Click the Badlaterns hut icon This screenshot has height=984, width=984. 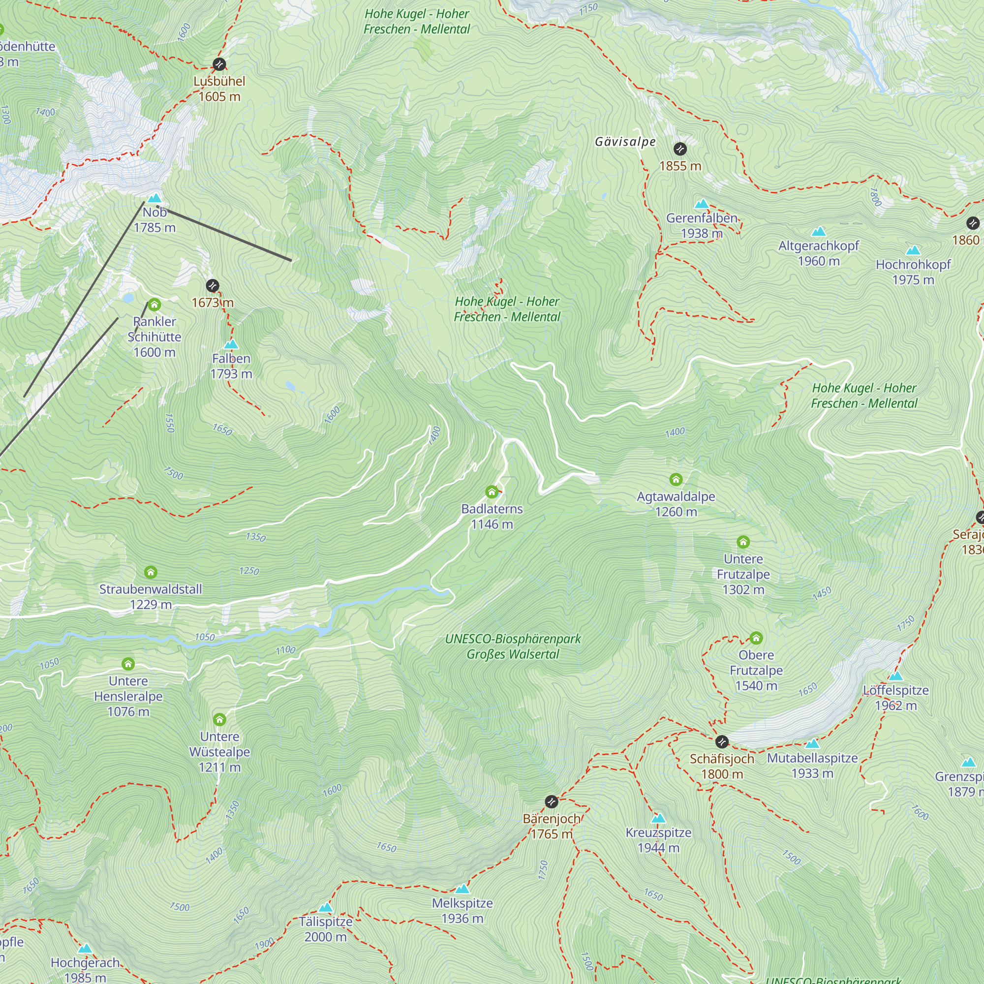(492, 492)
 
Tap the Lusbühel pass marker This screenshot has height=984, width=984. (219, 64)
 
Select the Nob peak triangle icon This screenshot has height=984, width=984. (154, 198)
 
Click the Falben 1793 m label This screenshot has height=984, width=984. (231, 366)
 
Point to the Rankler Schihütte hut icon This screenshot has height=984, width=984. (154, 305)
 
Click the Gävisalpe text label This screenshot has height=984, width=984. (625, 142)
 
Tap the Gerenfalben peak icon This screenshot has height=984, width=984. (702, 204)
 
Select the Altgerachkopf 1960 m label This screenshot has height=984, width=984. (819, 253)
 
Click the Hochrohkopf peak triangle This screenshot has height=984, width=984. (913, 250)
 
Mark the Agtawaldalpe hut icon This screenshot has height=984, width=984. (676, 479)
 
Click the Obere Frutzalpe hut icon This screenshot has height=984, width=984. (756, 638)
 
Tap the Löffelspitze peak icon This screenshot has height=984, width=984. (895, 676)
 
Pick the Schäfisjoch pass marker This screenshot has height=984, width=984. (722, 741)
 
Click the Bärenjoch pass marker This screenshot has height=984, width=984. (552, 801)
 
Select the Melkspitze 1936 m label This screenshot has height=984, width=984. (462, 910)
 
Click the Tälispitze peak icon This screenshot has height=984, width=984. (325, 907)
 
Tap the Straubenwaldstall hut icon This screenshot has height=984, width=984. (150, 572)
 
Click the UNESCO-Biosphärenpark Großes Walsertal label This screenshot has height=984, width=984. (513, 646)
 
